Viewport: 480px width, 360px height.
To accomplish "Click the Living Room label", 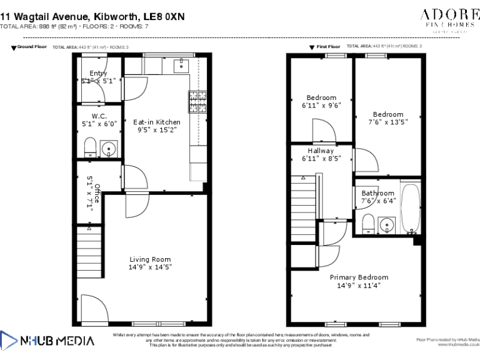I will point(150,259).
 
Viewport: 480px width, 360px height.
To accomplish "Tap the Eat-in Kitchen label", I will point(157,122).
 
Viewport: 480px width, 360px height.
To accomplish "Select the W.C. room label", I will point(99,116).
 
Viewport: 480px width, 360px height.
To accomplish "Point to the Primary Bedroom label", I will point(359,277).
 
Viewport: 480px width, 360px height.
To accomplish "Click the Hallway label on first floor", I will point(321,151).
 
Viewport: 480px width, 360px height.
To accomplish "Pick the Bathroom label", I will point(377,193).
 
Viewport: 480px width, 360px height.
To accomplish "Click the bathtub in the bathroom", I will point(411,207).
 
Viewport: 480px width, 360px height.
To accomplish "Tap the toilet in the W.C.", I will point(89,148).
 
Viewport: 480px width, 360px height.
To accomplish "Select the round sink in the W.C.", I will point(109,149).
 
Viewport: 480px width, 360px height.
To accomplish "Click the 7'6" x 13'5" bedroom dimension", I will point(388,122).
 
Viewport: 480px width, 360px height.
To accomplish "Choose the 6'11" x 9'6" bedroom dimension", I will point(321,106).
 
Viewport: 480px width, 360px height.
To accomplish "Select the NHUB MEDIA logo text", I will point(57,341).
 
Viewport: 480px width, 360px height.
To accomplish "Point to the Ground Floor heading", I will point(32,47).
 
